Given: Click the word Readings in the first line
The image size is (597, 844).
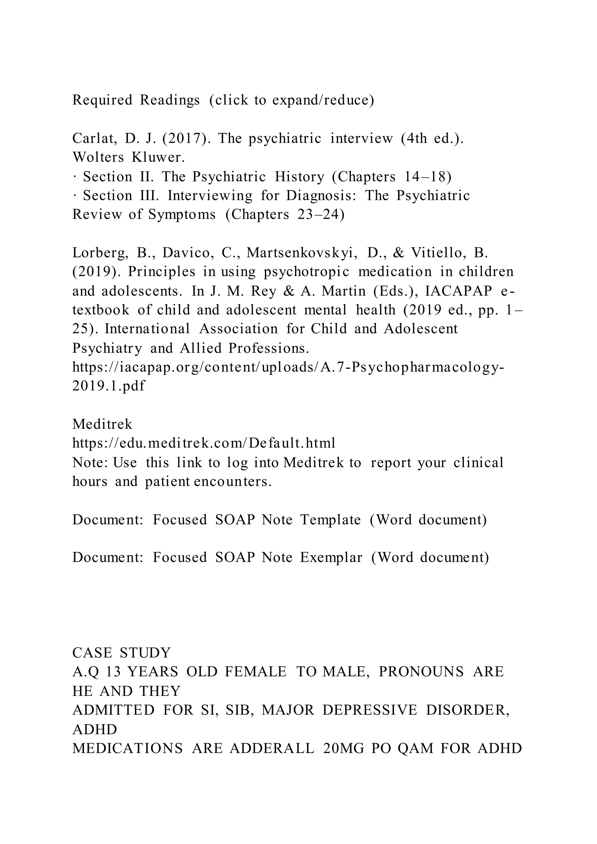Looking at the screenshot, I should (170, 100).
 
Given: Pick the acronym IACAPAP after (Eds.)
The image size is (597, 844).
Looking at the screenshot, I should (459, 291).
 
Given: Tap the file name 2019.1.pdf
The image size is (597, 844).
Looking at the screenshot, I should (109, 386).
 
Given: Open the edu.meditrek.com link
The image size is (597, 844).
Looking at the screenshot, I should (204, 443).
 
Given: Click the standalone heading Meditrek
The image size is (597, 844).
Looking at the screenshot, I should (102, 424).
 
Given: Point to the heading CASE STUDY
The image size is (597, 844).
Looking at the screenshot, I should (122, 653).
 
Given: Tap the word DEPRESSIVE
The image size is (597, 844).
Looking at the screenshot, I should (370, 710).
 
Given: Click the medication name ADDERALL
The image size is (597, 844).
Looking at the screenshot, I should (272, 748).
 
